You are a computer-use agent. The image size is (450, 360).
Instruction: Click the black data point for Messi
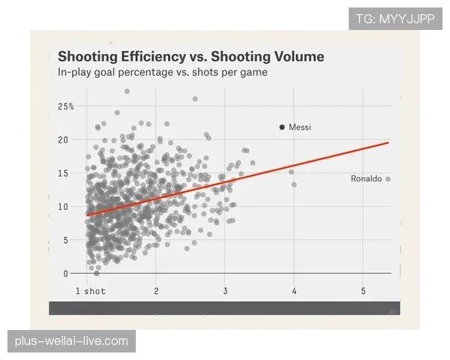pyautogui.click(x=282, y=127)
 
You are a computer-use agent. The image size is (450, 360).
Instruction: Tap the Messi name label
pyautogui.click(x=300, y=127)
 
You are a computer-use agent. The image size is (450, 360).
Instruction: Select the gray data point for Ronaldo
pyautogui.click(x=388, y=179)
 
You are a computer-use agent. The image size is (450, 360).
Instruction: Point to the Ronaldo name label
pyautogui.click(x=366, y=179)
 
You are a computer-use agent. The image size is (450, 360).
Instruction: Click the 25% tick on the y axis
pyautogui.click(x=65, y=106)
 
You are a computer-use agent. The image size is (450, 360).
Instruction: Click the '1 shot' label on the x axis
pyautogui.click(x=90, y=291)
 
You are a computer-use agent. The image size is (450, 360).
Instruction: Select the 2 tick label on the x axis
pyautogui.click(x=156, y=291)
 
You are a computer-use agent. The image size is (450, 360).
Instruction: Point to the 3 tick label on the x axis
pyautogui.click(x=225, y=291)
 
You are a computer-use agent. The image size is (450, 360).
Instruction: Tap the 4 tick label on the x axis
pyautogui.click(x=294, y=291)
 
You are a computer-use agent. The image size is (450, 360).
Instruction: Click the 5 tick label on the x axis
pyautogui.click(x=363, y=291)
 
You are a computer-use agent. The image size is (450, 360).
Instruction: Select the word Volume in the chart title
pyautogui.click(x=296, y=57)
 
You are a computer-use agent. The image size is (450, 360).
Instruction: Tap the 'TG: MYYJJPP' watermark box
pyautogui.click(x=395, y=19)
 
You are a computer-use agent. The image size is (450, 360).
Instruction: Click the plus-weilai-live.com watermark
pyautogui.click(x=71, y=341)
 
